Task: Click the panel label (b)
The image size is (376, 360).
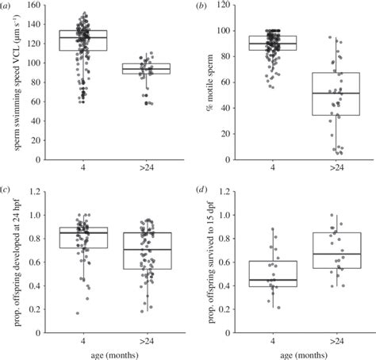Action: coord(203,6)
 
